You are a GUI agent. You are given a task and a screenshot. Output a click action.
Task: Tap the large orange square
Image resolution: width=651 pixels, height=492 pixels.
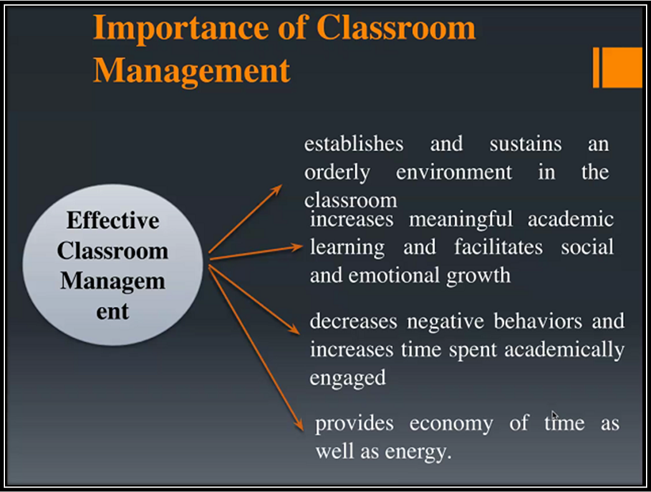click(622, 67)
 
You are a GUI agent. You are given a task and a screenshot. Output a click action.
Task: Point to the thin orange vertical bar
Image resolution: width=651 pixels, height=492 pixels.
click(596, 67)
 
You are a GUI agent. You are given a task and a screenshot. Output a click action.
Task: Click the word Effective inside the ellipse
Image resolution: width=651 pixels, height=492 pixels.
click(113, 221)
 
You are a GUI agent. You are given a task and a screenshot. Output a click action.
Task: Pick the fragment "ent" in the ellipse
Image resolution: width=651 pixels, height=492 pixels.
click(112, 312)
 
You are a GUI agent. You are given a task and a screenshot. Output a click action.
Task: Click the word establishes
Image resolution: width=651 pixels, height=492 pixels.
click(354, 144)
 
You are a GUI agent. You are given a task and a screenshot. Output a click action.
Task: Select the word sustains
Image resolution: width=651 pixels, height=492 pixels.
click(525, 144)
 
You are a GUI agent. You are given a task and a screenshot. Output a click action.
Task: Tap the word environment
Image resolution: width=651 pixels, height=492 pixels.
click(454, 172)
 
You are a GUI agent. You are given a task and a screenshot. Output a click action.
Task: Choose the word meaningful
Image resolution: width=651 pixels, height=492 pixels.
click(461, 219)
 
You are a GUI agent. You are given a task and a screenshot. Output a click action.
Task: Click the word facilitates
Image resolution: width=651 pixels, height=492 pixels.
click(498, 247)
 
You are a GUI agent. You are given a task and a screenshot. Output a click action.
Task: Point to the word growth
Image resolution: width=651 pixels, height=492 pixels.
click(478, 276)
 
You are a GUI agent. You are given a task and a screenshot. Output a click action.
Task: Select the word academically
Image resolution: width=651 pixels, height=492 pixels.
click(564, 350)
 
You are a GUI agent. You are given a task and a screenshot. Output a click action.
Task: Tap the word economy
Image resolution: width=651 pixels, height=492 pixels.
click(451, 424)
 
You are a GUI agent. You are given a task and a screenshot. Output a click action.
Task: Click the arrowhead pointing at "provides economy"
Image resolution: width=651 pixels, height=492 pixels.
click(299, 425)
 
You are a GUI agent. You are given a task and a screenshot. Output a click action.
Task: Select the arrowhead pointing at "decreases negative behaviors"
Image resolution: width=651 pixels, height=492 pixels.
click(294, 329)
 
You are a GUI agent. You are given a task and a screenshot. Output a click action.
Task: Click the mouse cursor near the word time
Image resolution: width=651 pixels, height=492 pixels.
click(555, 415)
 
